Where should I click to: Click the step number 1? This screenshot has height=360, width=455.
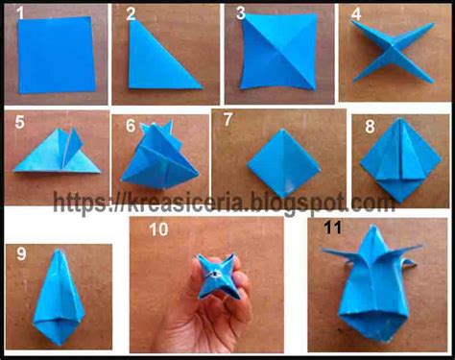tap(20, 13)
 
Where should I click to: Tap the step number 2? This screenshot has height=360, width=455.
tap(131, 14)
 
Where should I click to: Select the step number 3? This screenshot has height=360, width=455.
tap(241, 13)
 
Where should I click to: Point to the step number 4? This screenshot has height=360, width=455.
tap(356, 14)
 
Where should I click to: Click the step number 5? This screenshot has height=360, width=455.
tap(19, 122)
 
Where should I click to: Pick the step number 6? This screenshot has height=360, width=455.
tap(131, 126)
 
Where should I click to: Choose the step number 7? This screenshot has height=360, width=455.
tap(227, 119)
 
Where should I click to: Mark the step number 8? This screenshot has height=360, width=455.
tap(370, 127)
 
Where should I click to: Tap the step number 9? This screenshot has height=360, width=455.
tap(21, 253)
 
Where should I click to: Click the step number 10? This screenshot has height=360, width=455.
tap(158, 229)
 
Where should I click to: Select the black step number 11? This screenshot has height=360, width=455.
tap(333, 228)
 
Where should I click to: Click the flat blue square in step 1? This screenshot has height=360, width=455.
tap(57, 55)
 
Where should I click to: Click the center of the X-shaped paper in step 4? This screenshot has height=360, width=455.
tap(393, 50)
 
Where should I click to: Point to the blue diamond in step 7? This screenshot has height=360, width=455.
tap(283, 163)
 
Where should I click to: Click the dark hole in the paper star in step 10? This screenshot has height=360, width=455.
tap(214, 275)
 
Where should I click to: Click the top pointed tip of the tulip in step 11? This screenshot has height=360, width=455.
tap(371, 226)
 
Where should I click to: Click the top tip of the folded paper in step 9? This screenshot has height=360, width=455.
tap(58, 251)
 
